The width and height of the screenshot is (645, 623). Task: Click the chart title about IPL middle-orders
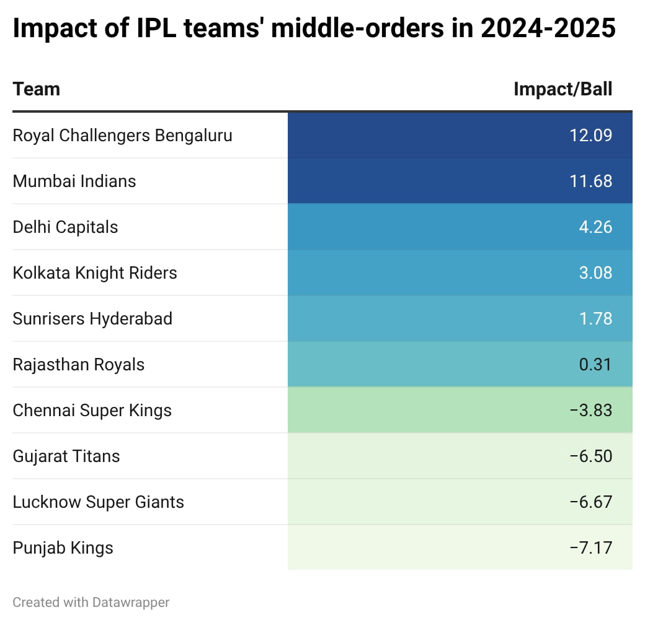[x=314, y=29]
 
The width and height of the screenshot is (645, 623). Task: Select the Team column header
[x=37, y=89]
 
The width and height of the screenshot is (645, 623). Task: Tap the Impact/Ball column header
[x=563, y=89]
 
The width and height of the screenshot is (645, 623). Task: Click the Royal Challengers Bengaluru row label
[x=122, y=135]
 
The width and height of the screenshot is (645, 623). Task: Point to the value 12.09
[x=590, y=135]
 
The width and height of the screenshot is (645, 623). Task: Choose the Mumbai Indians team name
[x=74, y=181]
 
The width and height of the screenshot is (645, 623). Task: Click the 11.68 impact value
[x=590, y=181]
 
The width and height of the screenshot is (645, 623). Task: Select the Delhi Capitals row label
[x=65, y=227]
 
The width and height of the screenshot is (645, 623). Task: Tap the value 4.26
[x=595, y=227]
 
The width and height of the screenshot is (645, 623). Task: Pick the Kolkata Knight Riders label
[x=95, y=272]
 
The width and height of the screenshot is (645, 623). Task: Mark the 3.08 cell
[x=595, y=272]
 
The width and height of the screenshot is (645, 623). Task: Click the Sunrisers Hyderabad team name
[x=92, y=318]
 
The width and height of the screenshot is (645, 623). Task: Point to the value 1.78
[x=595, y=318]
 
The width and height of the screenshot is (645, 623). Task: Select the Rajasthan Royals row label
[x=78, y=364]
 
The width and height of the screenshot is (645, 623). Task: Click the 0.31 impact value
[x=595, y=364]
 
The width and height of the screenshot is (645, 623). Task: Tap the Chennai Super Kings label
[x=92, y=410]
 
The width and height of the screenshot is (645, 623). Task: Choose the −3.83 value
[x=590, y=410]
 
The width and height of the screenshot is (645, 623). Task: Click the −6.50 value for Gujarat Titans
[x=590, y=456]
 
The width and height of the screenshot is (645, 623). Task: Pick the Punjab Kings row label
[x=63, y=547]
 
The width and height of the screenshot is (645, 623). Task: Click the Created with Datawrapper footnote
[x=91, y=602]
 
